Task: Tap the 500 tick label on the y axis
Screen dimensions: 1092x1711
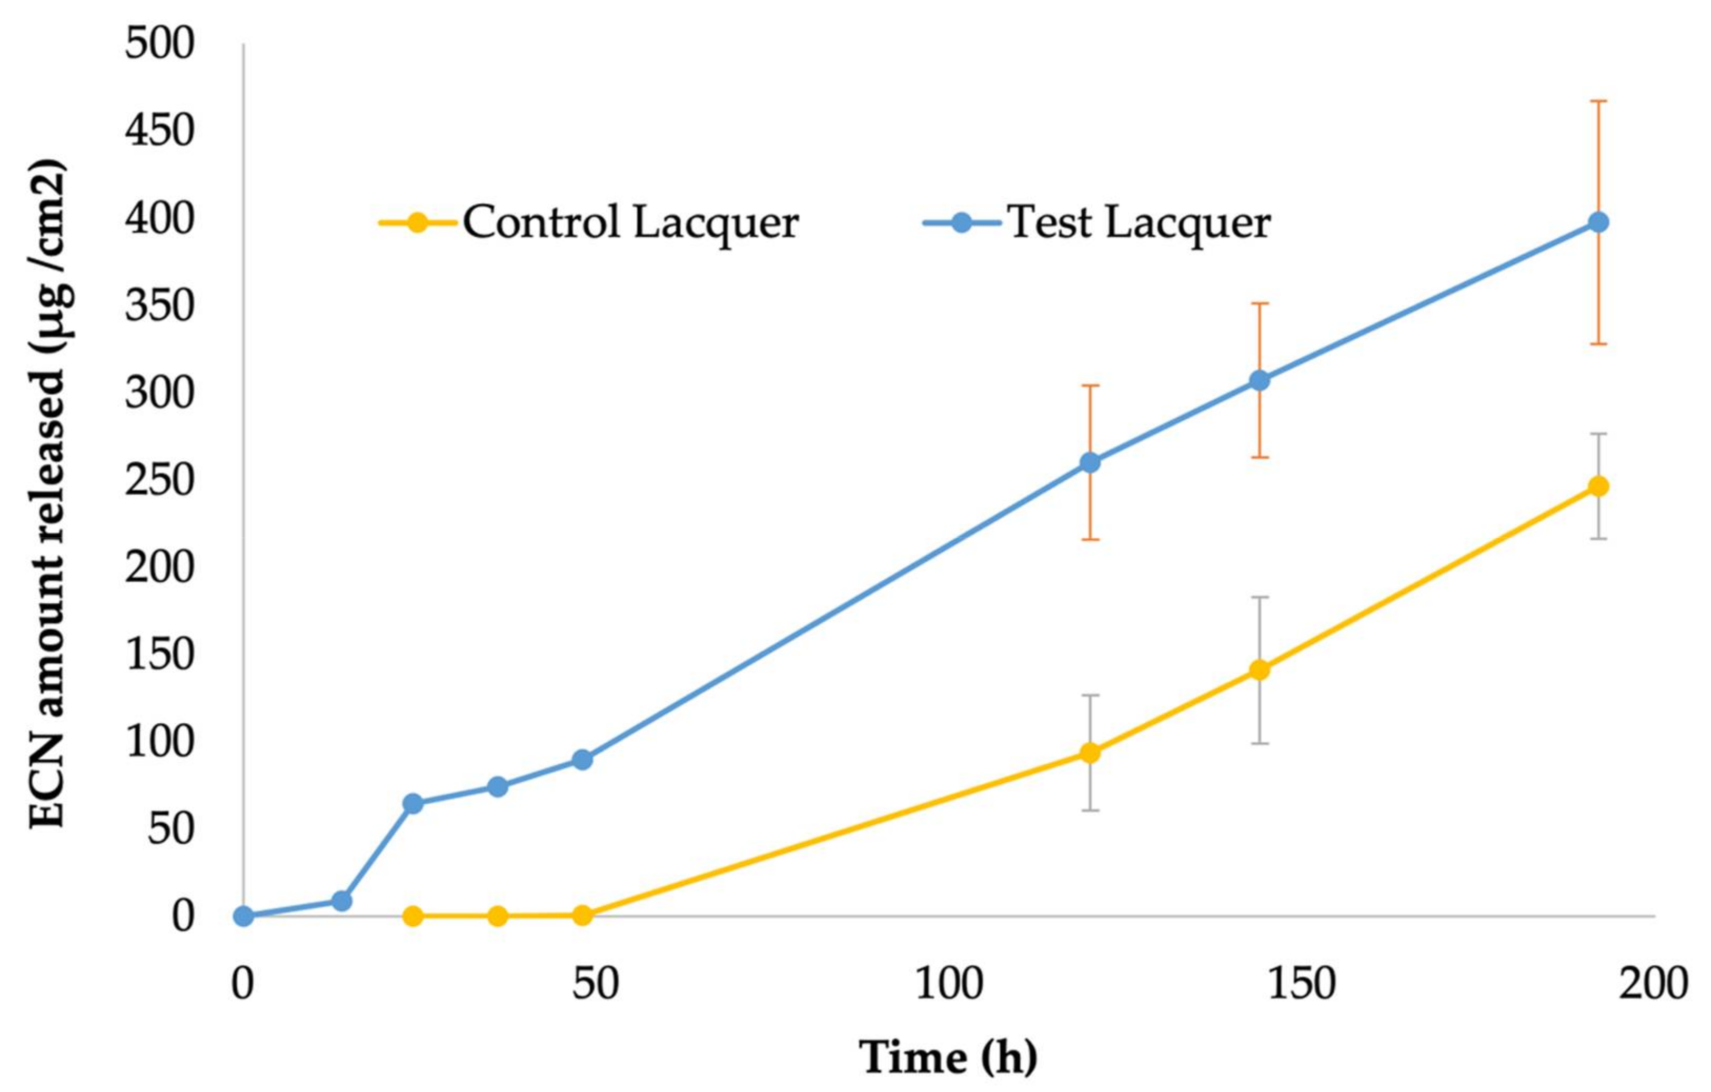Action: [x=159, y=45]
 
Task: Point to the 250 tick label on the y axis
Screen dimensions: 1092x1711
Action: [x=159, y=480]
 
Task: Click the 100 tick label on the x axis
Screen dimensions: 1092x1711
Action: [x=948, y=985]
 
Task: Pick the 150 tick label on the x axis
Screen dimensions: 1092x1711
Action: [x=1301, y=985]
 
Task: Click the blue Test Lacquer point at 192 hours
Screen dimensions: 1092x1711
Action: [x=1598, y=223]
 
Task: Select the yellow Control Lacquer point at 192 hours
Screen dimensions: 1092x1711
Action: [x=1598, y=487]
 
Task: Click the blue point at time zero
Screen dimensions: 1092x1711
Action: [x=244, y=916]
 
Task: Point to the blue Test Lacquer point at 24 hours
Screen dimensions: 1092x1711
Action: [x=413, y=804]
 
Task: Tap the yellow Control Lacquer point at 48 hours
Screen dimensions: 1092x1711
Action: [x=582, y=915]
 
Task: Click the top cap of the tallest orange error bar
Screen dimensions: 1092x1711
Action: [x=1598, y=102]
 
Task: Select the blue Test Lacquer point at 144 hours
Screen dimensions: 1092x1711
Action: [x=1259, y=381]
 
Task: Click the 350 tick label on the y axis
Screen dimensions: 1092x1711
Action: [x=159, y=306]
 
